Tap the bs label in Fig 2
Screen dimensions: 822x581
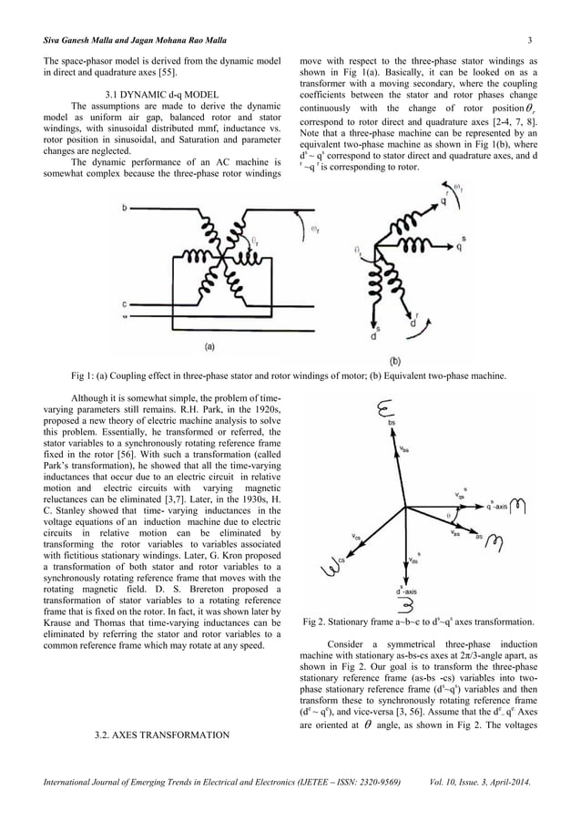coord(392,423)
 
